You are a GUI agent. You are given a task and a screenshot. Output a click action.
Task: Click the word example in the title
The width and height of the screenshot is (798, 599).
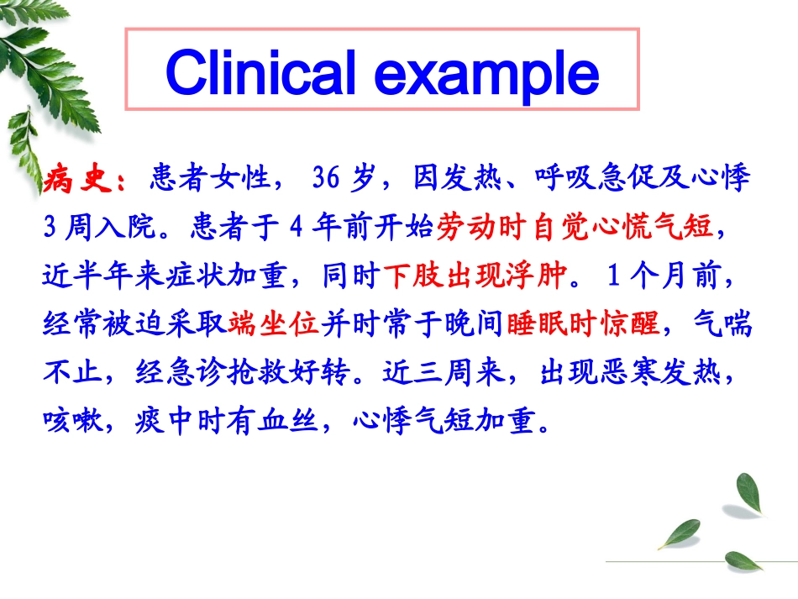487,74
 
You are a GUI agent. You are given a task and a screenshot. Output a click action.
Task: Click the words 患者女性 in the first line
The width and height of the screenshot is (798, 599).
211,179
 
